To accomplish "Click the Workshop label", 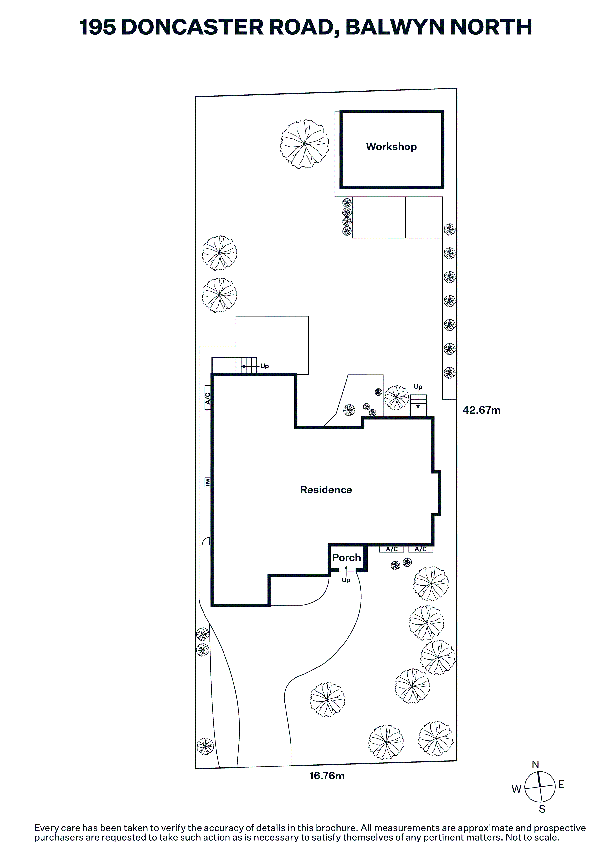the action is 391,147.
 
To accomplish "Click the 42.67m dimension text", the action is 481,410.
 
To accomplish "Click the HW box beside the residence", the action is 207,482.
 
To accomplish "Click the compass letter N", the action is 535,762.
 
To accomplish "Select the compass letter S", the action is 542,809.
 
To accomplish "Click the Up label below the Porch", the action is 346,580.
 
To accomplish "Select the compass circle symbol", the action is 540,787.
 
